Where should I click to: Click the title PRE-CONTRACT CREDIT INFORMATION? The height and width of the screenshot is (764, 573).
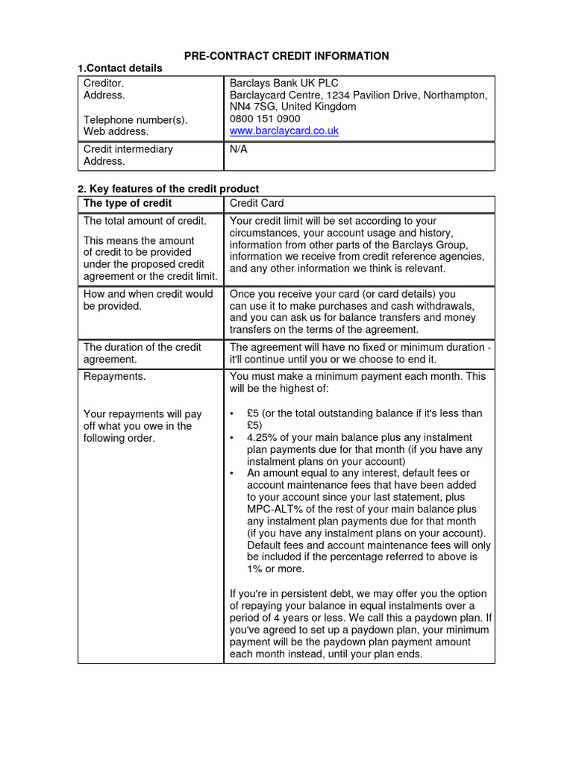point(286,56)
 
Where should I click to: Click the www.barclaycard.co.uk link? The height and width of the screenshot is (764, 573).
point(284,131)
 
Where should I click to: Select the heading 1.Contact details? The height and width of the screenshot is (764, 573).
point(119,68)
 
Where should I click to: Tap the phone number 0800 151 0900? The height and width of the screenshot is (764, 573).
point(265,119)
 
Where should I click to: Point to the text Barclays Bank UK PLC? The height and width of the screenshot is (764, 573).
point(284,83)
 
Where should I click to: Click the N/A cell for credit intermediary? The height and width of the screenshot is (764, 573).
point(238,149)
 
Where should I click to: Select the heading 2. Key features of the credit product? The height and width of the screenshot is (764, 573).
point(168,189)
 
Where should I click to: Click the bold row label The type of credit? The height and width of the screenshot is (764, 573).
point(128,203)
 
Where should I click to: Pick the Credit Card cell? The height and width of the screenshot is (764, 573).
point(257,203)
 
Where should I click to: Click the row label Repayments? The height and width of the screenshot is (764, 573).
point(114,377)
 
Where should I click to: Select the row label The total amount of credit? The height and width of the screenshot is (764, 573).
point(145,221)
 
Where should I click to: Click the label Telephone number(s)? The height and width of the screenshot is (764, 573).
point(136,119)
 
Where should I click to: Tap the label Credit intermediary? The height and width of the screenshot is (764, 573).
point(128,149)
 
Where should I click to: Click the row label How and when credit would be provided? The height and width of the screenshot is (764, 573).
point(148,300)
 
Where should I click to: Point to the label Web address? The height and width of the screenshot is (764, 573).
point(116,131)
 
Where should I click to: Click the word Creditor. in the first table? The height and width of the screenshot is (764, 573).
point(104,83)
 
